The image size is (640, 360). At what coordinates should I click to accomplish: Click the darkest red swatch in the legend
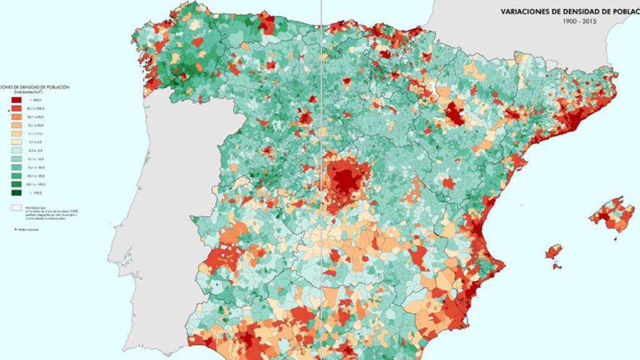coord(17,100)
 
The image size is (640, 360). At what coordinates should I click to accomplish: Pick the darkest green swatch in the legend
coord(17,192)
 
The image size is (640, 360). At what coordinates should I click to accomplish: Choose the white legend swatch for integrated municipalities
coord(17,206)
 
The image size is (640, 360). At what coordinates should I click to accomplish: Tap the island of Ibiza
coord(554,254)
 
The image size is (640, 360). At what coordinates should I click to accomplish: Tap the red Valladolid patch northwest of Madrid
coord(305,117)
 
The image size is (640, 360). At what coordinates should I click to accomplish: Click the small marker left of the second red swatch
coord(9,109)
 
